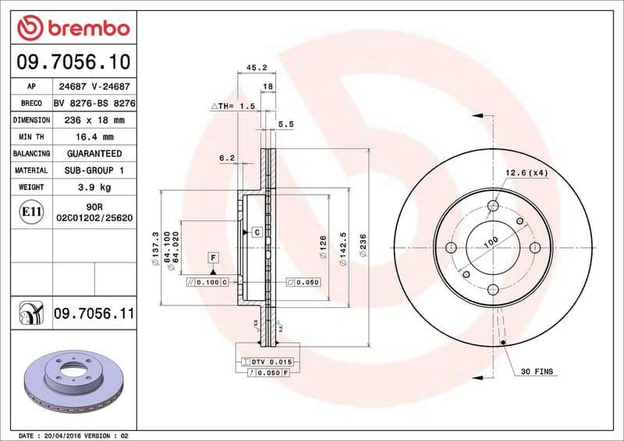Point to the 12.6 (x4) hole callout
(x=526, y=173)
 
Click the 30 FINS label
(x=537, y=372)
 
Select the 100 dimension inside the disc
(x=490, y=242)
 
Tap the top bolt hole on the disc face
(x=493, y=206)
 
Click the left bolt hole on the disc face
(x=450, y=248)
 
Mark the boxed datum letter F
(x=212, y=257)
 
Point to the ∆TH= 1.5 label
(x=233, y=105)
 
